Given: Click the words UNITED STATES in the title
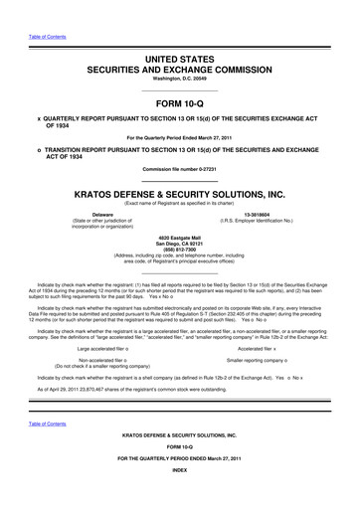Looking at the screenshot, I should [180, 62].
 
